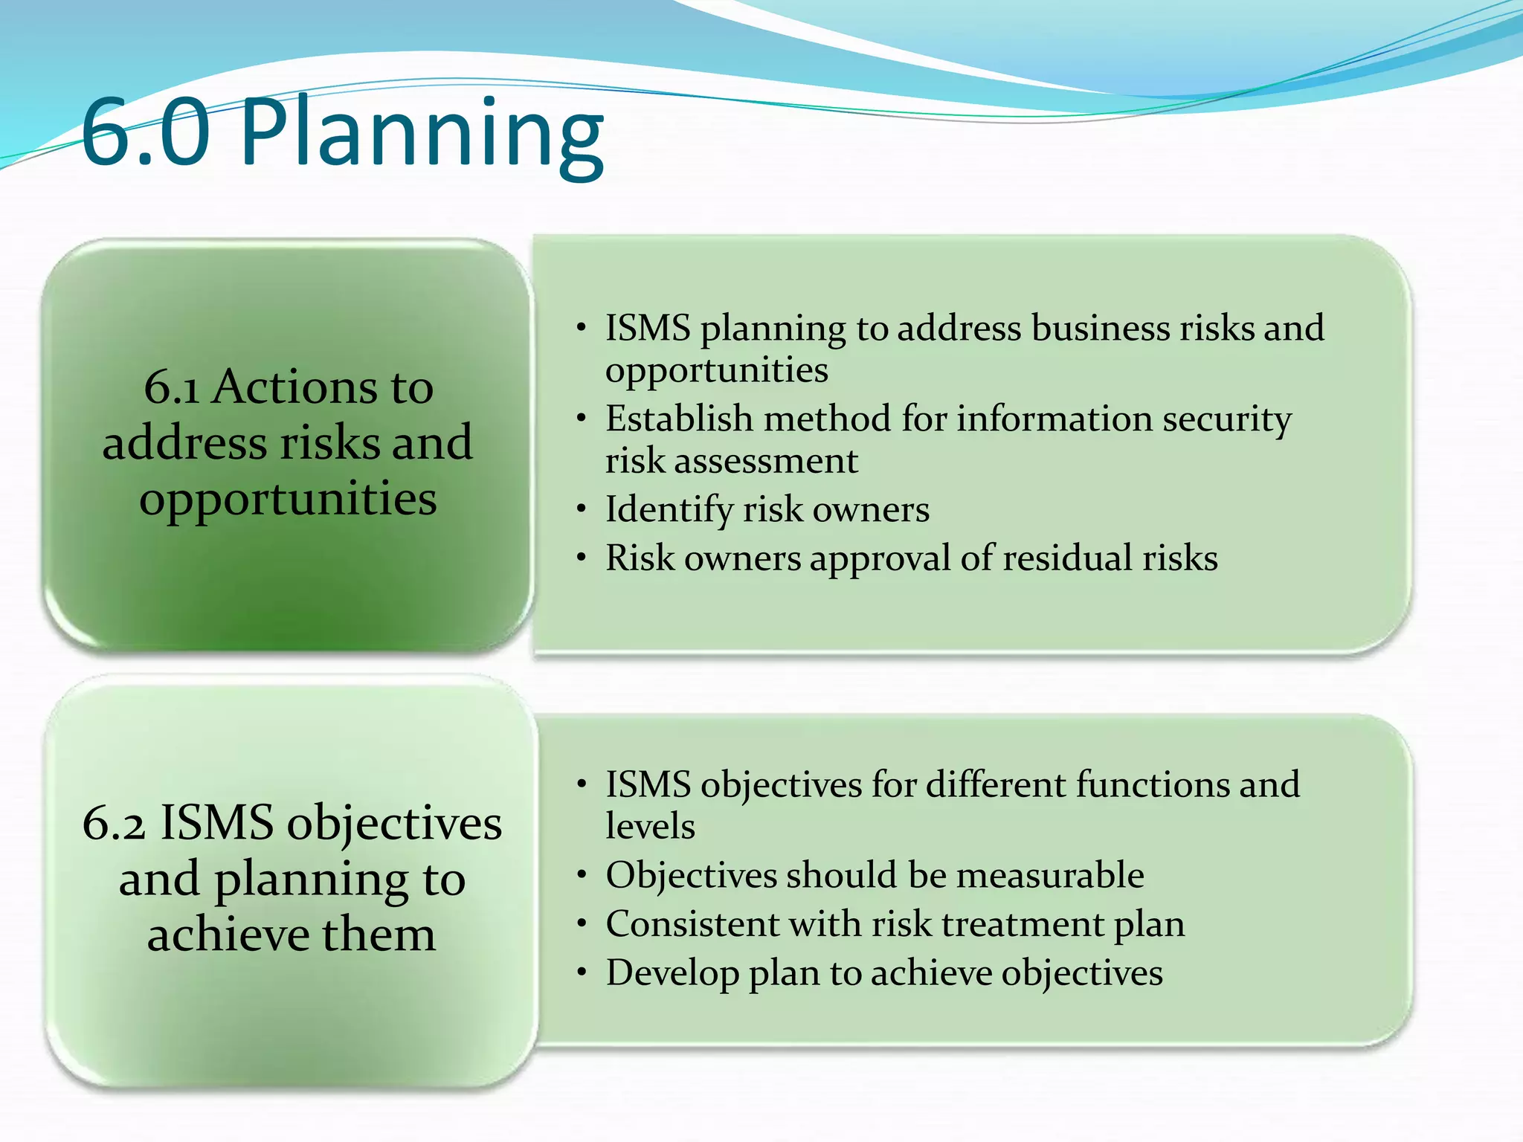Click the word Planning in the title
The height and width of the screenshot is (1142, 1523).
[422, 134]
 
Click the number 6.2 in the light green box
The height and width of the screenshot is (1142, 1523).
[114, 824]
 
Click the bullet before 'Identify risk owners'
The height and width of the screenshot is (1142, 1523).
[582, 510]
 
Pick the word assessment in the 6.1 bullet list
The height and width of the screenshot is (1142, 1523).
[766, 461]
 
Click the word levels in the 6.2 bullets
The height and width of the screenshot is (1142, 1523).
[650, 827]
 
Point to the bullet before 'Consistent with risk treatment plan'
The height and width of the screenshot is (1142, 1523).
[582, 925]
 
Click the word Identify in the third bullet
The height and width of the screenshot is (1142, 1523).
[669, 511]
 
